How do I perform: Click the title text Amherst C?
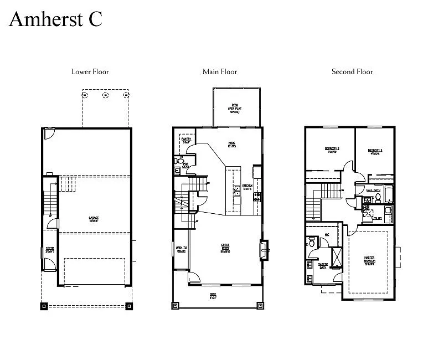55,19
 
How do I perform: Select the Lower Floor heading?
90,71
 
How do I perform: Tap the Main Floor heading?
220,71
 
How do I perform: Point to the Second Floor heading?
352,71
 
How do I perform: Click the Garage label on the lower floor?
93,219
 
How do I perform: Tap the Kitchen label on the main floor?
247,187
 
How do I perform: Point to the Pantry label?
186,140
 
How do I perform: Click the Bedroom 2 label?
332,150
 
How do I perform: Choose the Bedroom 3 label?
374,151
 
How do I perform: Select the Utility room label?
376,219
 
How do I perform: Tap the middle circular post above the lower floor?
105,95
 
